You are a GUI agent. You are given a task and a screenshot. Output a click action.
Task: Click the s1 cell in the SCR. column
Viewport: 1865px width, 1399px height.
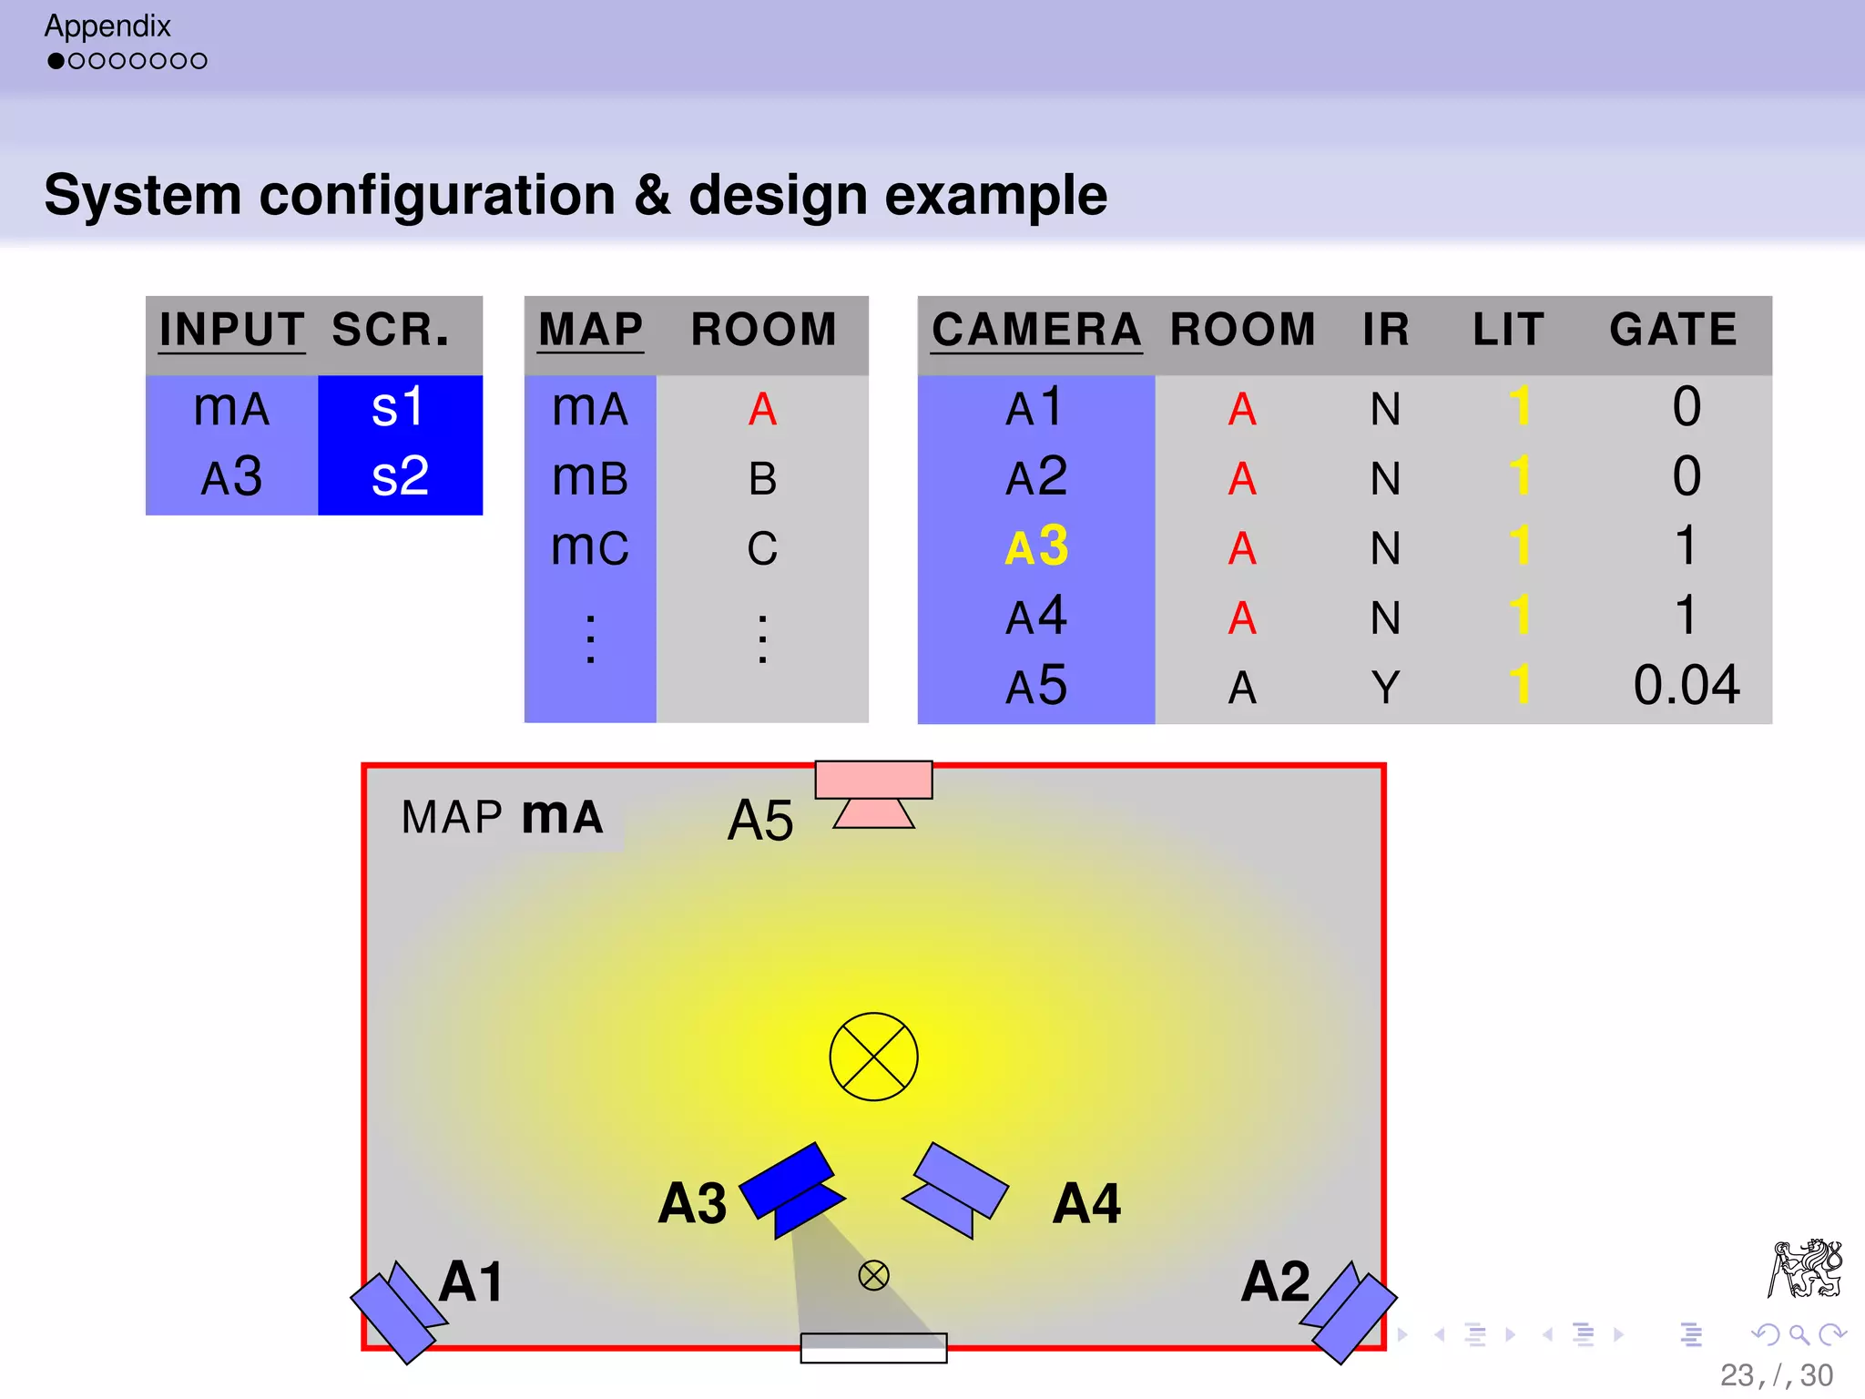coord(399,407)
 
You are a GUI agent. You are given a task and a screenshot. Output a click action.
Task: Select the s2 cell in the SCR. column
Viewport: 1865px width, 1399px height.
coord(399,476)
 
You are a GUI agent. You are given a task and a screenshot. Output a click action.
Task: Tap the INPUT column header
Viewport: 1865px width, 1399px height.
coord(231,330)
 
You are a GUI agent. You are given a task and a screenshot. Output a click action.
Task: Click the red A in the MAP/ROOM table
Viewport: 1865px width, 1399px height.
coord(762,409)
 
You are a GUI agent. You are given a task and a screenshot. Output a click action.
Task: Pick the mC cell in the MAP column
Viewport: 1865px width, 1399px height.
coord(590,547)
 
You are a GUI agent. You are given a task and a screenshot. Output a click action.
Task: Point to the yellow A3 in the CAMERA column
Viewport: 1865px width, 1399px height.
coord(1036,546)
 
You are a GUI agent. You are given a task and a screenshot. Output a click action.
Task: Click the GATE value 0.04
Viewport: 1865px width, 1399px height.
coord(1686,686)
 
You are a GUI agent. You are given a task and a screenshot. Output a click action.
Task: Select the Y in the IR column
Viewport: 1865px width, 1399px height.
coord(1385,688)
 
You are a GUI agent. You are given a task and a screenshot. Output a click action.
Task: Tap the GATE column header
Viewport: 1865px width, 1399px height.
coord(1673,330)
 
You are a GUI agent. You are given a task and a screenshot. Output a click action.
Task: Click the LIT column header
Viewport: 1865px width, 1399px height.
coord(1508,330)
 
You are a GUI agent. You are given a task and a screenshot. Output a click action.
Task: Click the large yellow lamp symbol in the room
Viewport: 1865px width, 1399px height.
coord(873,1057)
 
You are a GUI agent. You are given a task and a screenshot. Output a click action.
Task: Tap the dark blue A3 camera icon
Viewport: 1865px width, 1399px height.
coord(791,1189)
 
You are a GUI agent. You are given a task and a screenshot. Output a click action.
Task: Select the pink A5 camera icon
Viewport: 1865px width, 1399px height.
coord(873,792)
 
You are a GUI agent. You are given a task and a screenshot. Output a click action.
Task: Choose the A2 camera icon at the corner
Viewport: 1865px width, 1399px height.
coord(1350,1312)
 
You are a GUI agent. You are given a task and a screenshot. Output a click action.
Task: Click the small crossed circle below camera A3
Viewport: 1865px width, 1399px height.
coord(873,1275)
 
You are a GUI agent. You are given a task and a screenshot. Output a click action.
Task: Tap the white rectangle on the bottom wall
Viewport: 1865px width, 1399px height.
coord(873,1348)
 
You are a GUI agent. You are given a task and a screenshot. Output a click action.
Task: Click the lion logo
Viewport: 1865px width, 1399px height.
coord(1805,1268)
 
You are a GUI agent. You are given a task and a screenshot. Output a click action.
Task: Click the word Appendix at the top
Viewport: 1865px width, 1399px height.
coord(107,26)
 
